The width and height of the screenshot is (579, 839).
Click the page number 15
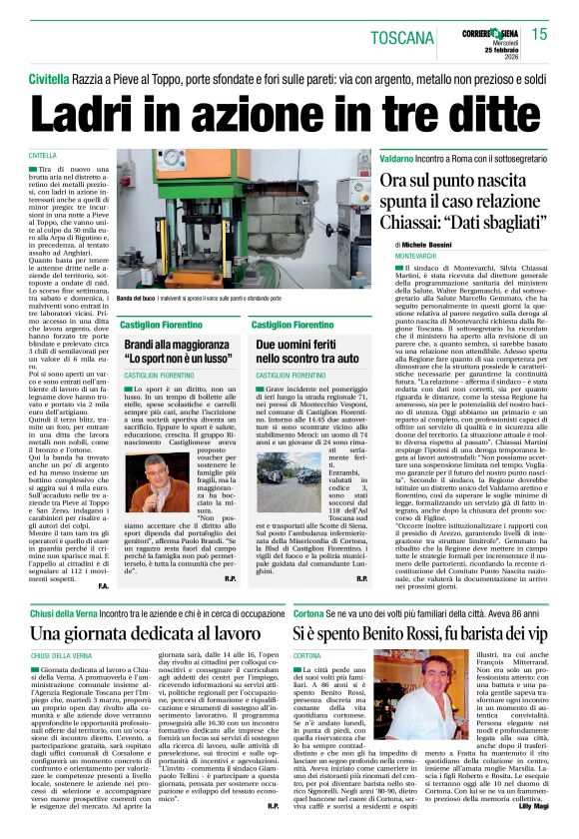539,34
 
